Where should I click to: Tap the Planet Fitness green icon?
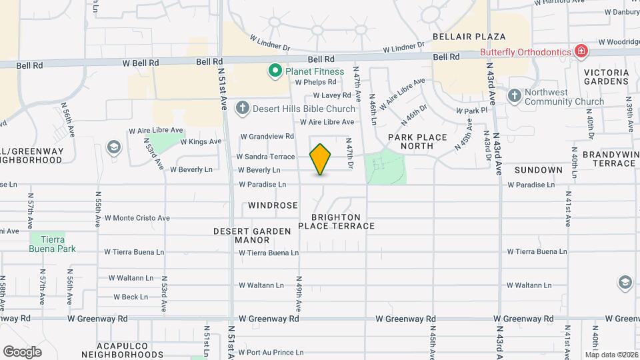point(273,70)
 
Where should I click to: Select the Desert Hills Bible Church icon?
point(242,108)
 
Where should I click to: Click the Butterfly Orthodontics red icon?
point(581,51)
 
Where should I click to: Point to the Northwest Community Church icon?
point(514,96)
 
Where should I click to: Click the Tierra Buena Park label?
point(53,244)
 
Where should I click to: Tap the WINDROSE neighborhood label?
point(273,205)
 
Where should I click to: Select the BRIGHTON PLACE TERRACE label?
point(336,221)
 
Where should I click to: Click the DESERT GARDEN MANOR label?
point(252,235)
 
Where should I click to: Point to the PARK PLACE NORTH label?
point(417,141)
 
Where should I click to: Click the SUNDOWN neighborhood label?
point(539,170)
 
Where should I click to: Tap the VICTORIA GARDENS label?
point(606,77)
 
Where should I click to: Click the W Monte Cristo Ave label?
point(137,218)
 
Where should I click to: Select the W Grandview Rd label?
point(267,136)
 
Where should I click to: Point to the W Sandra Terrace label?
point(265,157)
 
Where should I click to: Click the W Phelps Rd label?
point(319,82)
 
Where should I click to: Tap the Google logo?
point(22,351)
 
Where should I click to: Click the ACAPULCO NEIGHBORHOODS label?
point(117,351)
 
